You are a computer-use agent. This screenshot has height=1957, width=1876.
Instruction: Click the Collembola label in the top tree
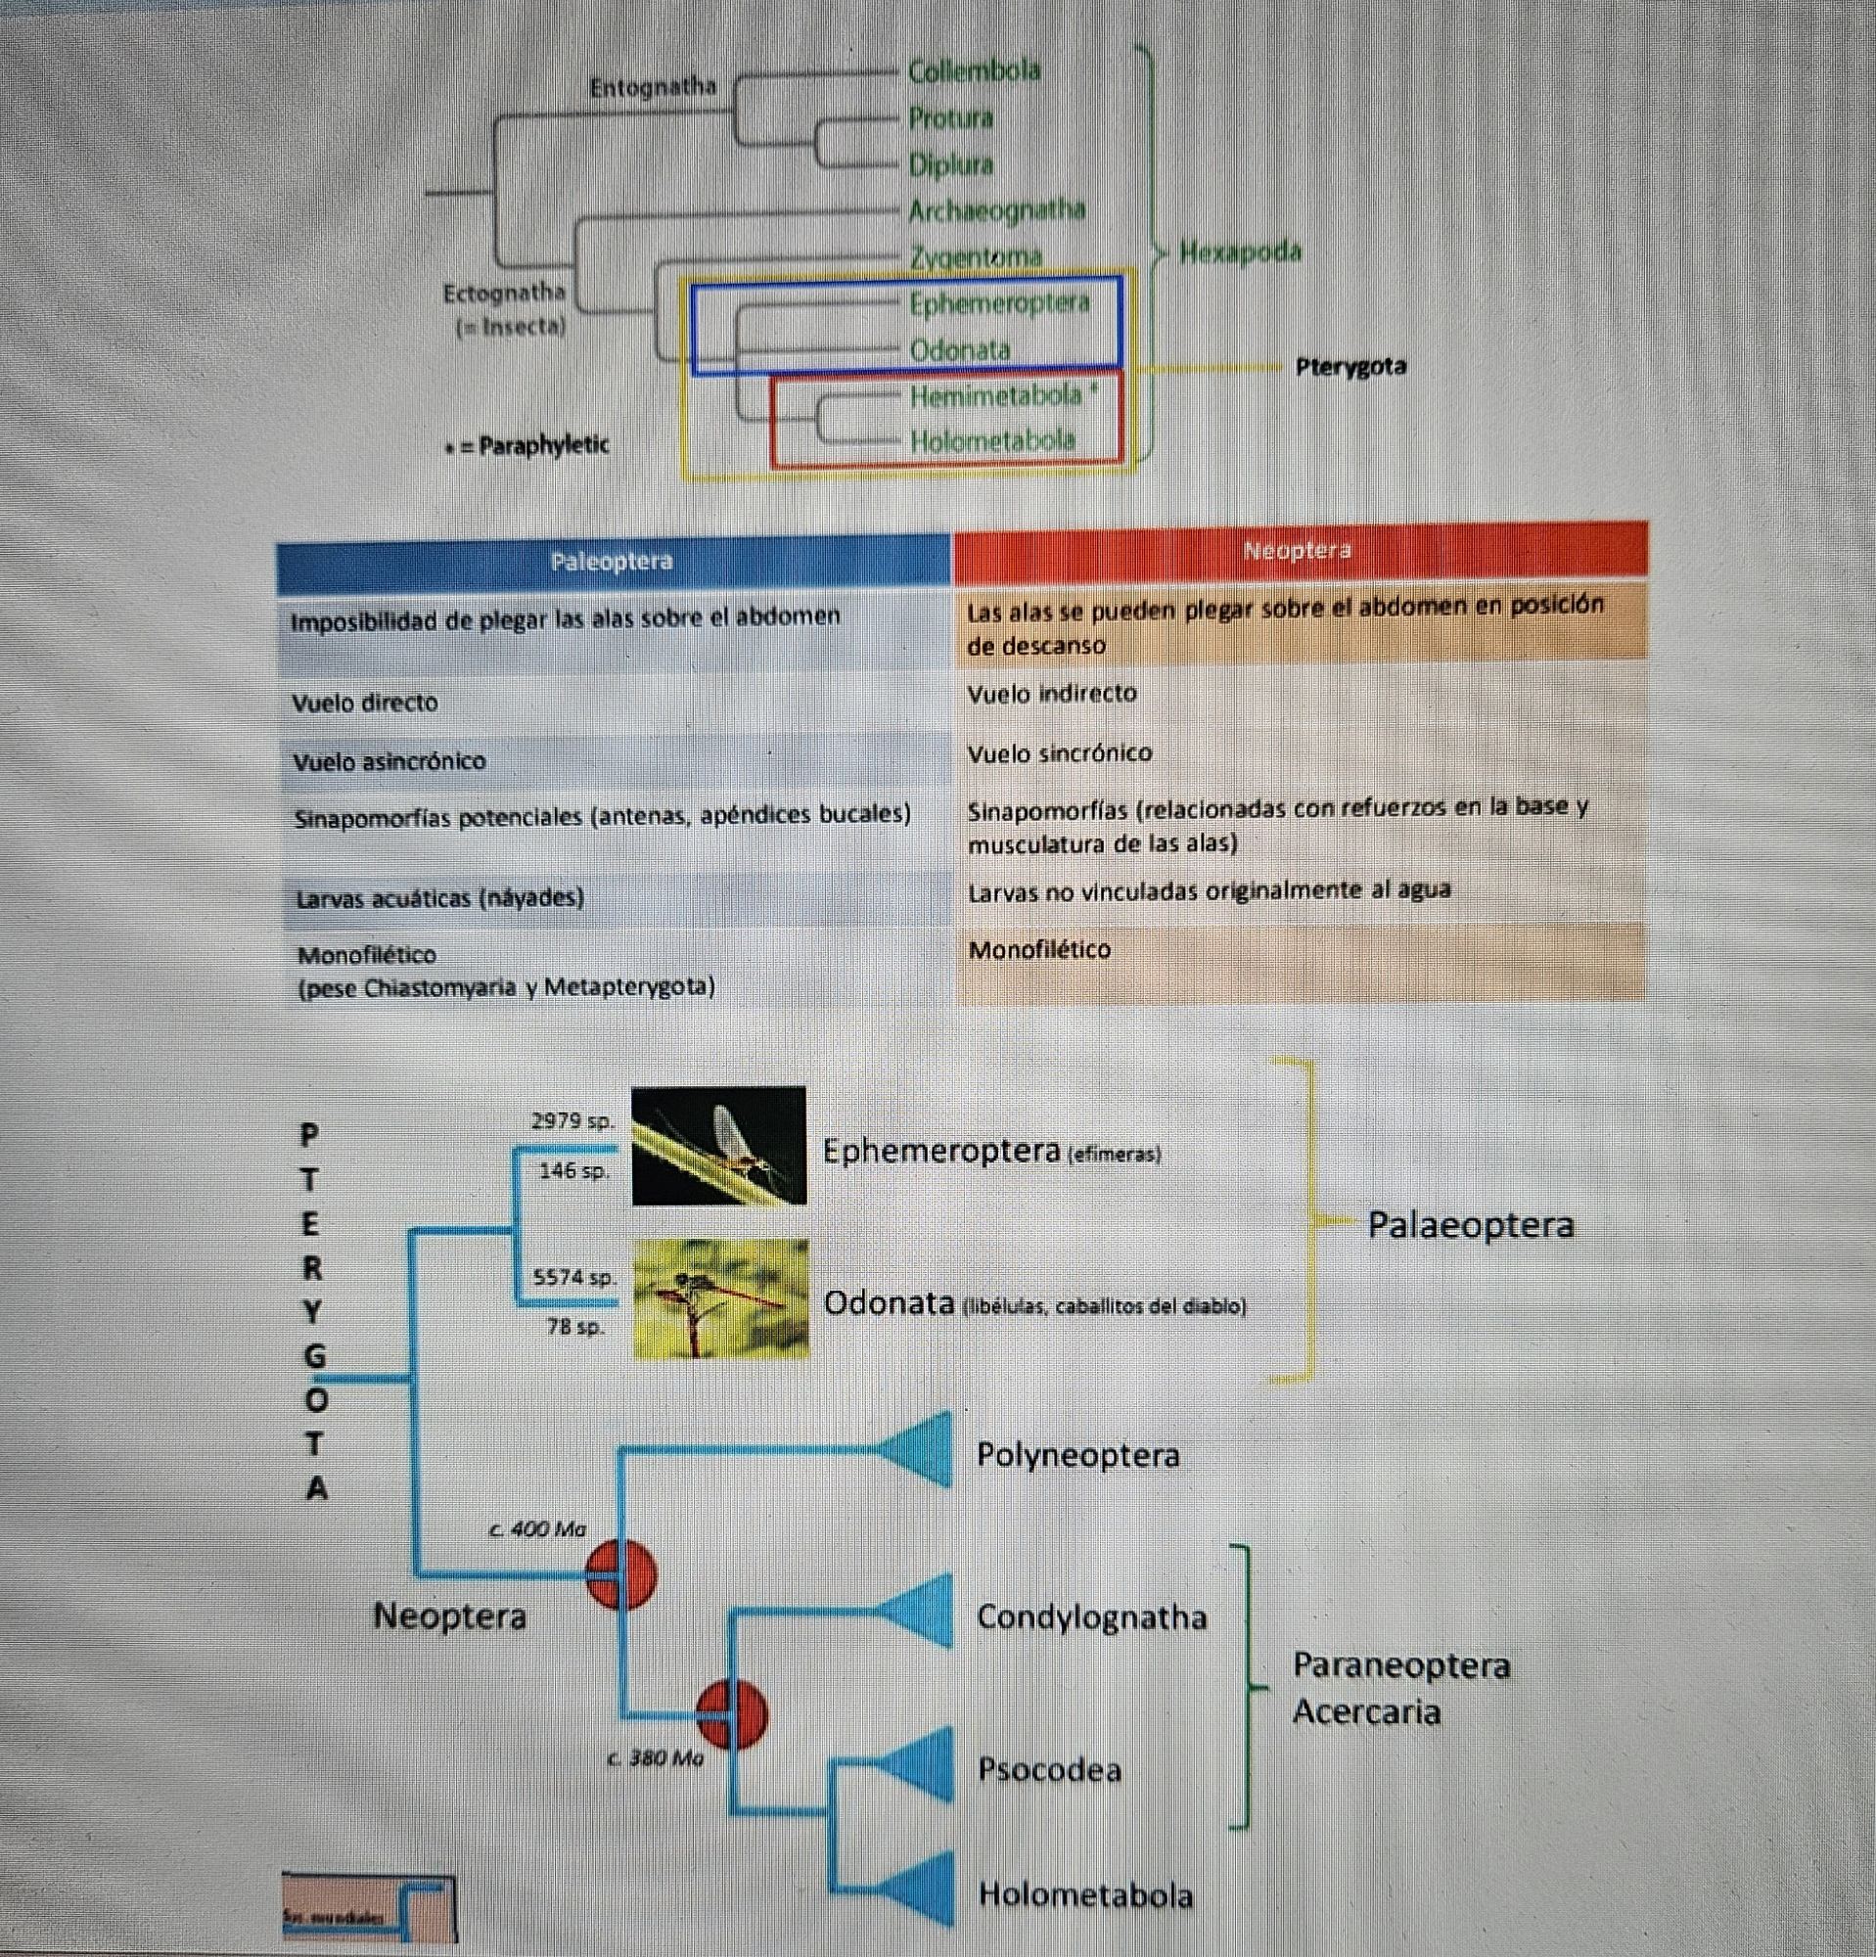pyautogui.click(x=974, y=70)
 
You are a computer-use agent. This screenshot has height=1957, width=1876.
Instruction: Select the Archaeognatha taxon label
pyautogui.click(x=995, y=210)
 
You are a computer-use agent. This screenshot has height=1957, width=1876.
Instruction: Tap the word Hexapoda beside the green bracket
pyautogui.click(x=1240, y=251)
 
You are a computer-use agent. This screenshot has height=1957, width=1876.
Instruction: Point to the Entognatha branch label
pyautogui.click(x=652, y=88)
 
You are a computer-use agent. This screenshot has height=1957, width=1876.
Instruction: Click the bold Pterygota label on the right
pyautogui.click(x=1350, y=366)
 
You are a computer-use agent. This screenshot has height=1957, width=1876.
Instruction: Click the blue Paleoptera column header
pyautogui.click(x=612, y=561)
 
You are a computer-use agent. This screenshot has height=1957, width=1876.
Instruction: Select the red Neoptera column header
pyautogui.click(x=1297, y=550)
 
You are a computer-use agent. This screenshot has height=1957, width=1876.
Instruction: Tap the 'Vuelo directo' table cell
pyautogui.click(x=364, y=703)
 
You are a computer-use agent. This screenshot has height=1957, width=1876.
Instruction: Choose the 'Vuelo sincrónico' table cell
pyautogui.click(x=1058, y=753)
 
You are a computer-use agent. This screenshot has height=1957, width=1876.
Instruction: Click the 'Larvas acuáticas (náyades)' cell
pyautogui.click(x=439, y=898)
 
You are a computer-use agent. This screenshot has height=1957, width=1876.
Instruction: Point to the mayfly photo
pyautogui.click(x=719, y=1145)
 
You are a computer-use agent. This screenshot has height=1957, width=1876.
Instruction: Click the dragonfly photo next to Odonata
pyautogui.click(x=721, y=1298)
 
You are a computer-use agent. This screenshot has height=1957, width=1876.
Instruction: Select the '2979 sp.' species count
pyautogui.click(x=572, y=1120)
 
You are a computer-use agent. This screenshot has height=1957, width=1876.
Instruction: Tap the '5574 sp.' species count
pyautogui.click(x=574, y=1277)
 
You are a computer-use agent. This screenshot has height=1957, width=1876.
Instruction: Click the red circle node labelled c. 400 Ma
pyautogui.click(x=621, y=1574)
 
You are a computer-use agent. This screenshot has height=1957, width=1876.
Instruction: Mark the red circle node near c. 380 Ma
pyautogui.click(x=732, y=1714)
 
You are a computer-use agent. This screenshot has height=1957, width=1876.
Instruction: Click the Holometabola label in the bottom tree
pyautogui.click(x=1085, y=1894)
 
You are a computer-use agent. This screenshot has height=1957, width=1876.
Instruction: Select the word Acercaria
pyautogui.click(x=1366, y=1712)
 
